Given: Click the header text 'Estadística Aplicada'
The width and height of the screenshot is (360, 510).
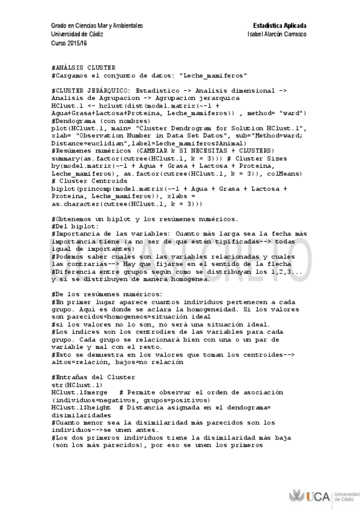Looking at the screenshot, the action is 280,26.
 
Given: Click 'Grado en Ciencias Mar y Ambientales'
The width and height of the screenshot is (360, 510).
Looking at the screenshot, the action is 97,26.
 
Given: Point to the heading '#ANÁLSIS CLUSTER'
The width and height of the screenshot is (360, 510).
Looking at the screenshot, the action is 84,67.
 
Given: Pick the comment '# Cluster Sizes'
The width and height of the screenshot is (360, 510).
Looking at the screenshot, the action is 256,158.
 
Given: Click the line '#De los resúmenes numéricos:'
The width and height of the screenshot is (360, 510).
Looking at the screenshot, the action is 102,293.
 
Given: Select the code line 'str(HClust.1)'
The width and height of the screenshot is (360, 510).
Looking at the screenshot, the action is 77,384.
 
